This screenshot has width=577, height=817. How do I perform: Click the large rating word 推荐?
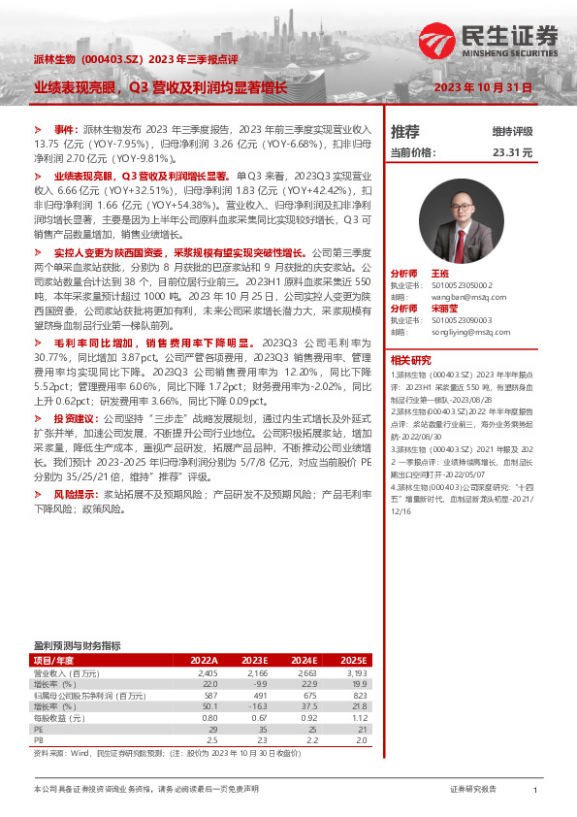(x=404, y=132)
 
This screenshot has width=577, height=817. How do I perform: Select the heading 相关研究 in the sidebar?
(x=408, y=359)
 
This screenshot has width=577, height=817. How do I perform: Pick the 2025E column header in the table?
(x=356, y=660)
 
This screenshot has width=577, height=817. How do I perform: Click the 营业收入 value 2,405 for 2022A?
(x=207, y=671)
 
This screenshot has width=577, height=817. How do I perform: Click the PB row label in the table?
(x=40, y=740)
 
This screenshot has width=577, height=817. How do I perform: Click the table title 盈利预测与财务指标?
(x=77, y=646)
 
